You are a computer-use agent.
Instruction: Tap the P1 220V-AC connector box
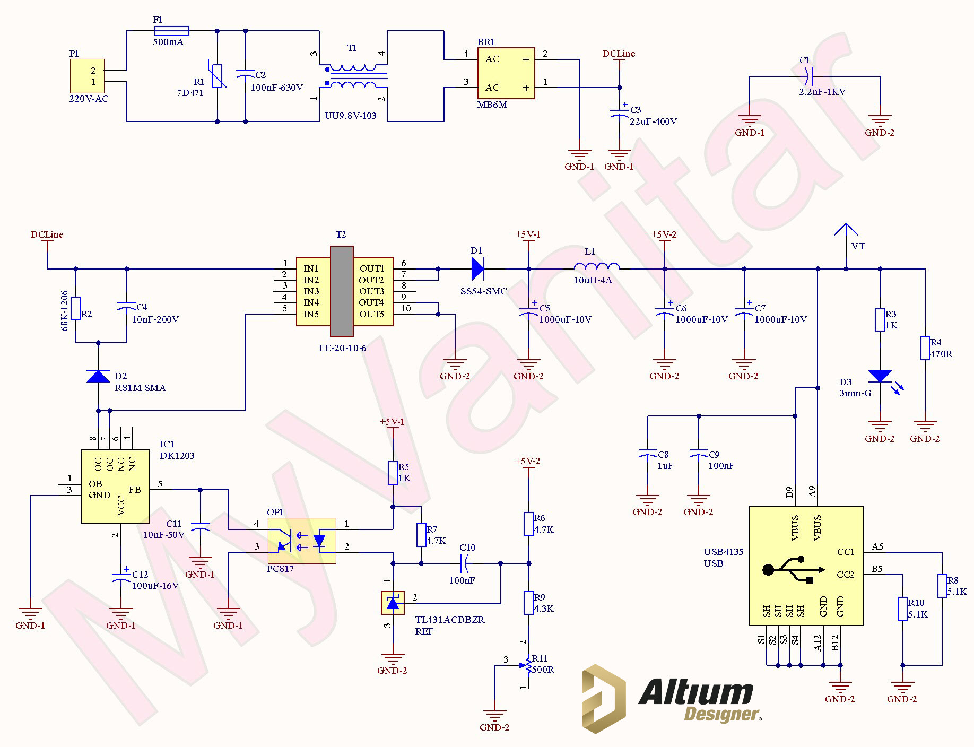(x=87, y=76)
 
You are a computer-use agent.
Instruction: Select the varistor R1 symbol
(x=217, y=76)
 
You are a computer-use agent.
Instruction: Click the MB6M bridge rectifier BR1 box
(x=506, y=73)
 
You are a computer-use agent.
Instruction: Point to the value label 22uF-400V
(x=653, y=121)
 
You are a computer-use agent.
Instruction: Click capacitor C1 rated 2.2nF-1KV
(x=807, y=76)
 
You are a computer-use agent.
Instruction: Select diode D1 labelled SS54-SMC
(x=477, y=269)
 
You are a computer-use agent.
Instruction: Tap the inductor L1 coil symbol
(x=596, y=266)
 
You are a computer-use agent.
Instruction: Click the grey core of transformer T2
(x=341, y=291)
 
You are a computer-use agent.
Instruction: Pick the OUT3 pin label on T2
(x=371, y=291)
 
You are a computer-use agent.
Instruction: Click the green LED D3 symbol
(x=880, y=376)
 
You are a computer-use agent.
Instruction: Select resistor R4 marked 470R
(x=925, y=348)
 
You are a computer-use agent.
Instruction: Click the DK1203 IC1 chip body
(x=115, y=487)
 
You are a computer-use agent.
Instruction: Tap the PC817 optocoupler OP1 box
(x=301, y=541)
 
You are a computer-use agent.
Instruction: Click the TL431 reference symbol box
(x=393, y=603)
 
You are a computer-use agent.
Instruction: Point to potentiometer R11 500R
(x=528, y=665)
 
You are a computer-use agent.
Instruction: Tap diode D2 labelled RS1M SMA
(x=98, y=377)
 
